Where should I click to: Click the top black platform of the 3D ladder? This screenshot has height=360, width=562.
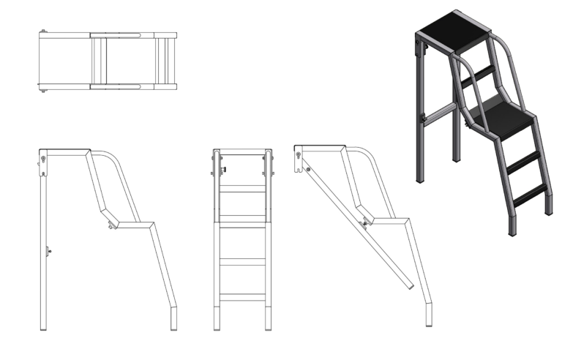450,33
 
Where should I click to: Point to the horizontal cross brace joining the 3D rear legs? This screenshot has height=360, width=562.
442,113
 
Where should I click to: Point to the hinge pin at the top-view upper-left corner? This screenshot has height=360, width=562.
45,31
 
